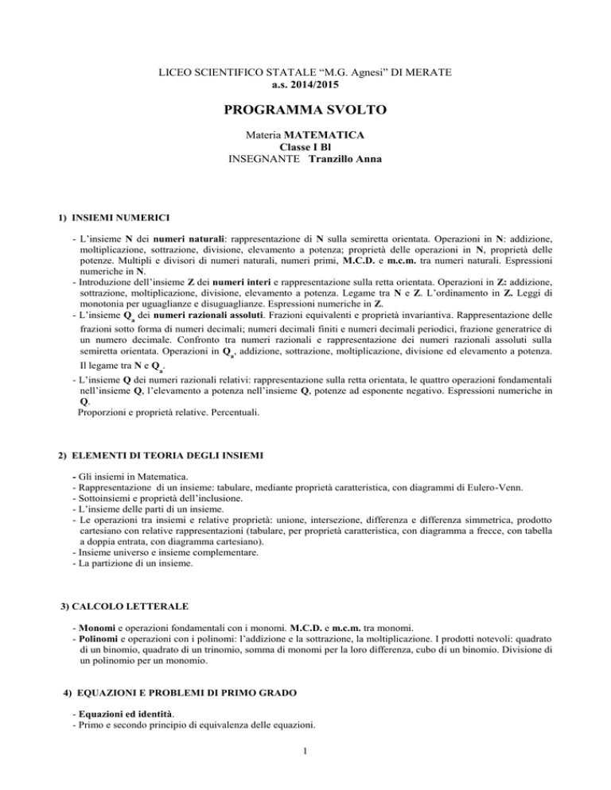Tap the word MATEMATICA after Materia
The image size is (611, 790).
[321, 136]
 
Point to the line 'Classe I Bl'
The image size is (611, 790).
[305, 147]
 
